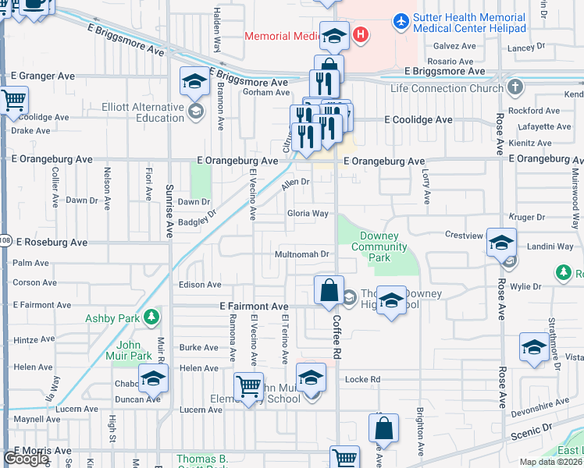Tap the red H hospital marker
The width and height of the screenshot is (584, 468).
coord(360,34)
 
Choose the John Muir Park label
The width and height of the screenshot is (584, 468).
coord(134,350)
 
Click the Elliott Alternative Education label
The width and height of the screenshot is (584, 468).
coord(142,112)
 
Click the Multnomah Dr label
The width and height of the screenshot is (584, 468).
coord(301,254)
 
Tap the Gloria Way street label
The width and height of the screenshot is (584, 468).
coord(307,213)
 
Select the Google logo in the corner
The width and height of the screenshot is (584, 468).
coord(27,459)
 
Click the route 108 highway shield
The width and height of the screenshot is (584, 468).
coord(5,240)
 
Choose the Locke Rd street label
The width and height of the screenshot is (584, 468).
coord(362,379)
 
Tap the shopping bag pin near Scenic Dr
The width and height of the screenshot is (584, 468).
coord(383,428)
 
